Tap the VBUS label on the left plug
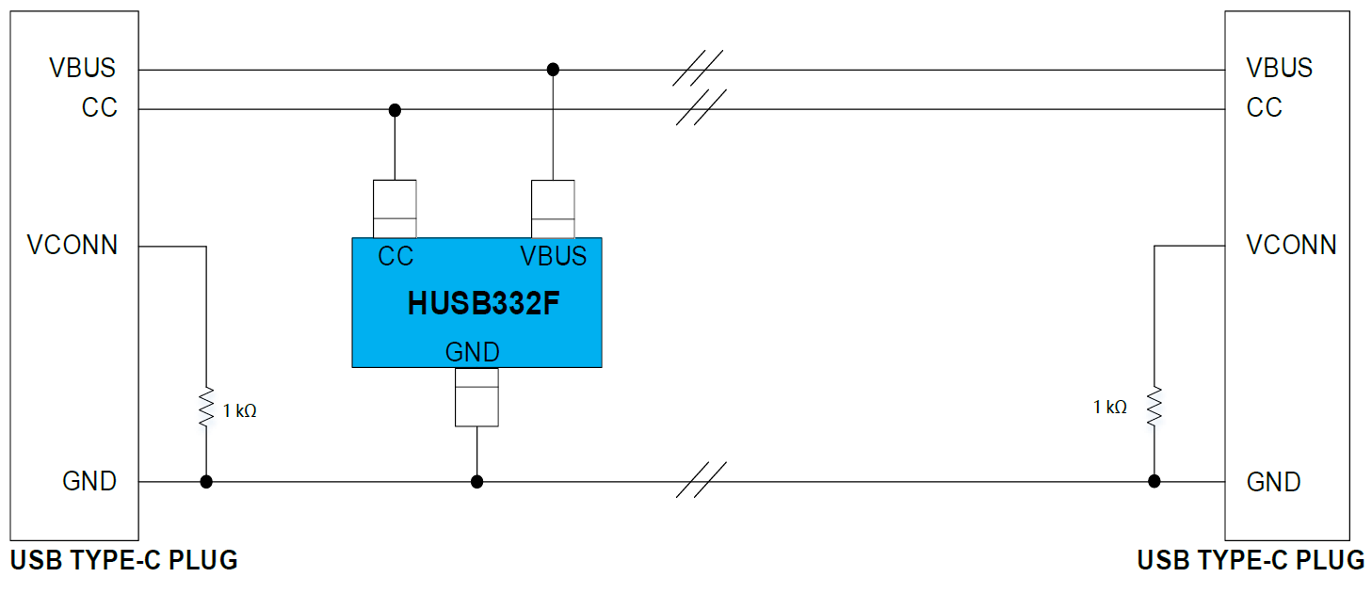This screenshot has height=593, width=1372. [83, 69]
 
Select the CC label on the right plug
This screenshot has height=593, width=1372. [1264, 107]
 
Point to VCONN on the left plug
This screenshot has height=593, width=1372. [73, 246]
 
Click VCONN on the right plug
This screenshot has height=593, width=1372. [1291, 246]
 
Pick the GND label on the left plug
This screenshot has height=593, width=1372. [89, 481]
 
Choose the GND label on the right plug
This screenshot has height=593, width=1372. [1273, 482]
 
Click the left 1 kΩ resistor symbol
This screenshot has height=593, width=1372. [206, 409]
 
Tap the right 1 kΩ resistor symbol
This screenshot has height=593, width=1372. [1154, 406]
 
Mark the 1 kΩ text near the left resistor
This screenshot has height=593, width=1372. [239, 411]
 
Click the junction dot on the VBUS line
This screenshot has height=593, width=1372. [553, 70]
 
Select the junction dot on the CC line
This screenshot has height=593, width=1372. [395, 109]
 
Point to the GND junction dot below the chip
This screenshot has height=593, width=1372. [476, 482]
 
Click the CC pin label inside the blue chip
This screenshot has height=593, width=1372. [395, 256]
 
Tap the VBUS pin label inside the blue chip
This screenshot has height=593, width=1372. [553, 256]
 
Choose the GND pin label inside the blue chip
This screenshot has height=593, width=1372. [472, 352]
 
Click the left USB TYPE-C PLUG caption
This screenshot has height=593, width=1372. [123, 561]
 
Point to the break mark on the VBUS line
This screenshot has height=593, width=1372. [697, 68]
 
